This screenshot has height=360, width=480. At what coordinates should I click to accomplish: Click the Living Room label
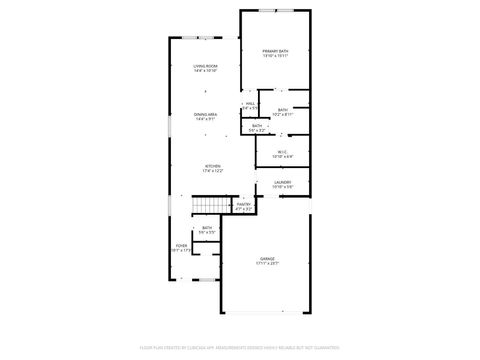205,66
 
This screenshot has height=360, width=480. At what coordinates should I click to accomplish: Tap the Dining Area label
206,114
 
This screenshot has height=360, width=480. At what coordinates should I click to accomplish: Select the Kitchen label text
213,166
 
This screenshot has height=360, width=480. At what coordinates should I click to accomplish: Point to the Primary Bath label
275,50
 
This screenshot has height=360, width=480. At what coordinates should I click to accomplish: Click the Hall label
250,103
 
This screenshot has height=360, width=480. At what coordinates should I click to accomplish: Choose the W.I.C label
283,152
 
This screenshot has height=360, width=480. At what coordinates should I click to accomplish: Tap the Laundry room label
283,182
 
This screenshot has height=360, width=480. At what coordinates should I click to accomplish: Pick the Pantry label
243,204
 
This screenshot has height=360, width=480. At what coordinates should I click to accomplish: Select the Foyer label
182,245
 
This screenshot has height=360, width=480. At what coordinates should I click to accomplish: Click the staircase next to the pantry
207,205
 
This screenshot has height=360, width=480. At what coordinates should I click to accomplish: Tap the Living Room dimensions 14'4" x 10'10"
205,71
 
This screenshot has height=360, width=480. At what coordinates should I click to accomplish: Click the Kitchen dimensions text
213,171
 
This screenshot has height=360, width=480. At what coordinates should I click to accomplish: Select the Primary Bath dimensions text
275,56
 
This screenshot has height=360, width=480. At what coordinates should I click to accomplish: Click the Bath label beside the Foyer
207,228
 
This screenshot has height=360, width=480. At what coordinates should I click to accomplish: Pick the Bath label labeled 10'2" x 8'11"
283,110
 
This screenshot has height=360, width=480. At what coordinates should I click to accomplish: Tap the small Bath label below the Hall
257,125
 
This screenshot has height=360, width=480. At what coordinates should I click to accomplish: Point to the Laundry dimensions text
283,187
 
